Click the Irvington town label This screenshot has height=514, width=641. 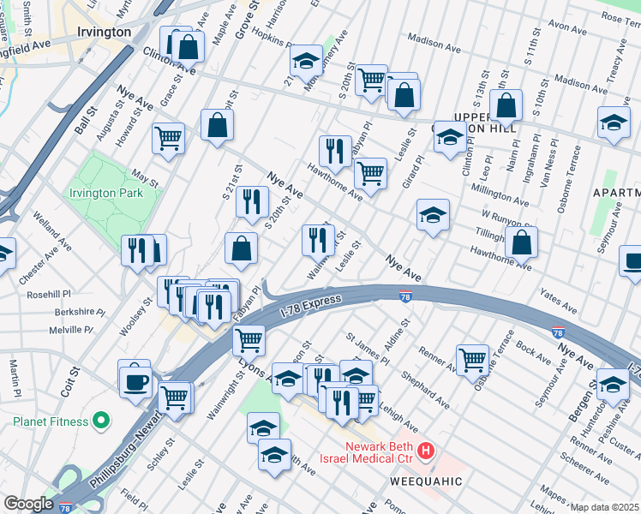click(x=103, y=32)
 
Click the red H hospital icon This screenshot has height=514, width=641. click(x=426, y=449)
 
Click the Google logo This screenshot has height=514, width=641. click(x=28, y=504)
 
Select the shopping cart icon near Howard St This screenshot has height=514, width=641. click(x=169, y=137)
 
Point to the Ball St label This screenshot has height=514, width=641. click(x=82, y=123)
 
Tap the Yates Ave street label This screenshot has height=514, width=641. click(x=559, y=300)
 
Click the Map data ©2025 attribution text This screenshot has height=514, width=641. click(x=605, y=507)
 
